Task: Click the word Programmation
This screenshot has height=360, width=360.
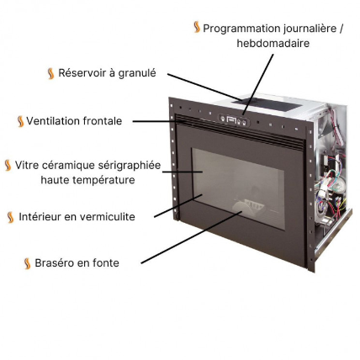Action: [240, 29]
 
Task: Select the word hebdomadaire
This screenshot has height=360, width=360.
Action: [273, 43]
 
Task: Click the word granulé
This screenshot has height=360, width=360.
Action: [137, 73]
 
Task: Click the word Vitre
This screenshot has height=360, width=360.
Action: [29, 165]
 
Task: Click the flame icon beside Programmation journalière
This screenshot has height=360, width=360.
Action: [197, 28]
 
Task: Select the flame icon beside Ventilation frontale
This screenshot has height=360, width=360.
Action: [20, 121]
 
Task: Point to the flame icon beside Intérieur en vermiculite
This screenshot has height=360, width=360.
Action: [11, 217]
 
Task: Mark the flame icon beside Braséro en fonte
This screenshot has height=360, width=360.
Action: [28, 263]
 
